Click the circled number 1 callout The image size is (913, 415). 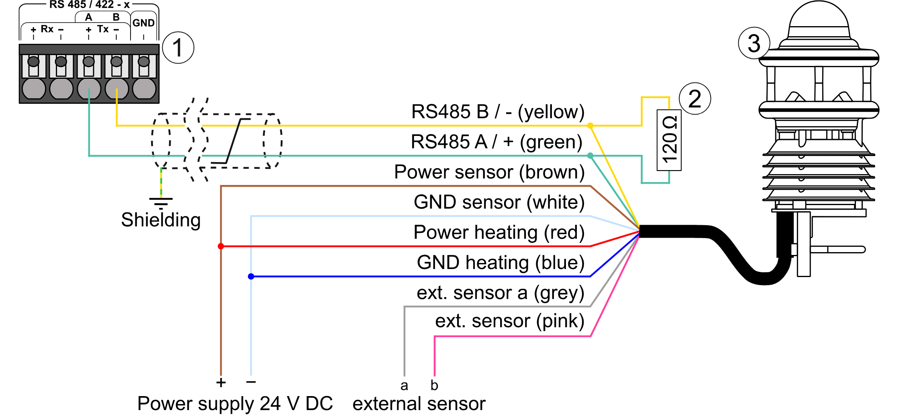click(x=178, y=48)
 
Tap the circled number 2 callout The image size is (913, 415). click(x=694, y=99)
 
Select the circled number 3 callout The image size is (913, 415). click(x=754, y=43)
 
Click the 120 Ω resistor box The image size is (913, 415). click(x=669, y=140)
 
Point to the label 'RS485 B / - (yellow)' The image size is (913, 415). click(x=498, y=112)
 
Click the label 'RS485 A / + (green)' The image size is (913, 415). click(x=496, y=142)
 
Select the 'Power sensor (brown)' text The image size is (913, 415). click(x=489, y=172)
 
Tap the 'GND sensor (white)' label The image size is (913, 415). click(x=499, y=202)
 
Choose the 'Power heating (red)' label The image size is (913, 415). click(x=498, y=232)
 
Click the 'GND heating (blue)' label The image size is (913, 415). click(x=500, y=263)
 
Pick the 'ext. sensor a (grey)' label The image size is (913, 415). click(x=500, y=293)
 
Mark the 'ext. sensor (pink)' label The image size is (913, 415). click(x=509, y=321)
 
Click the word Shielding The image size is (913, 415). click(x=161, y=220)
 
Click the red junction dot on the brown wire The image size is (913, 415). click(x=221, y=246)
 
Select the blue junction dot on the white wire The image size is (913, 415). click(x=251, y=276)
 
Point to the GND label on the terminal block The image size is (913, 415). click(x=143, y=23)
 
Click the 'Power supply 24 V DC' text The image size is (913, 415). click(x=235, y=403)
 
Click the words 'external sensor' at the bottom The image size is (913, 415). click(x=419, y=403)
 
